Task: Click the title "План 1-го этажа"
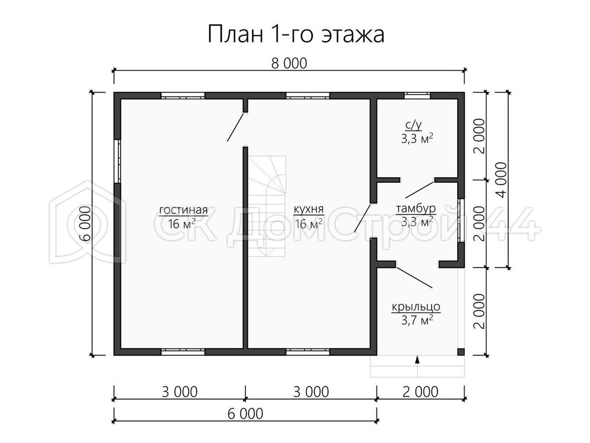point(296,34)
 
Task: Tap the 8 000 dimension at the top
point(289,64)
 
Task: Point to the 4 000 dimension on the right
point(501,180)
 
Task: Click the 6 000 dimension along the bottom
point(245,414)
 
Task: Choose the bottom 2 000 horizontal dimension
point(420,392)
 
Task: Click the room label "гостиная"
point(183,210)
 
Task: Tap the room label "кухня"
point(309,209)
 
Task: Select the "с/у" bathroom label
point(413,126)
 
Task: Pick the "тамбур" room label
point(416,208)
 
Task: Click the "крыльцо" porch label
point(416,307)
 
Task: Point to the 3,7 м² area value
point(417,320)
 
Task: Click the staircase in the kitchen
point(267,206)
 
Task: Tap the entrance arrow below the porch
point(417,360)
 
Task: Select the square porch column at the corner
point(461,352)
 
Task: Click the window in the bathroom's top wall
point(417,96)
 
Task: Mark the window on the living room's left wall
point(117,161)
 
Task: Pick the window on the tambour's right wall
point(461,221)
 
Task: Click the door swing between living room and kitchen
point(236,127)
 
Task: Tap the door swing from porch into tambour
point(414,278)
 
